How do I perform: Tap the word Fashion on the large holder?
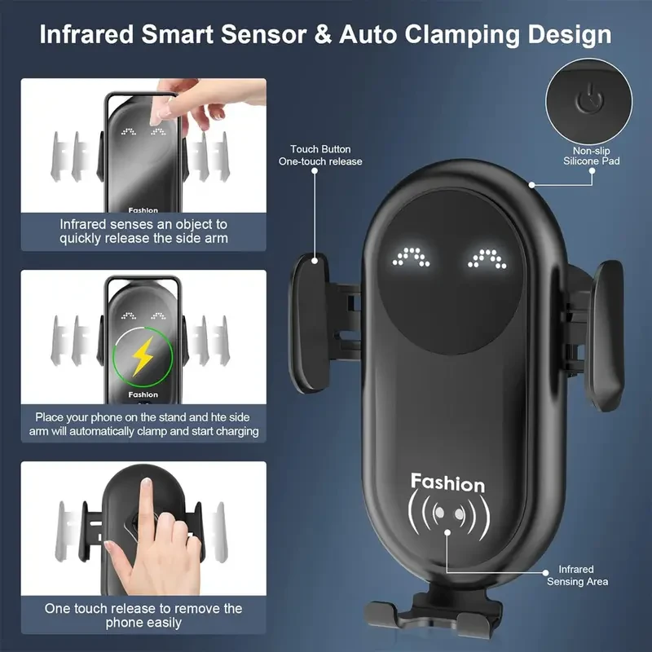pos(447,482)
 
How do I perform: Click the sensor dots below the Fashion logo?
pos(447,514)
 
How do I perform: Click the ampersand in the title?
pos(330,35)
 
